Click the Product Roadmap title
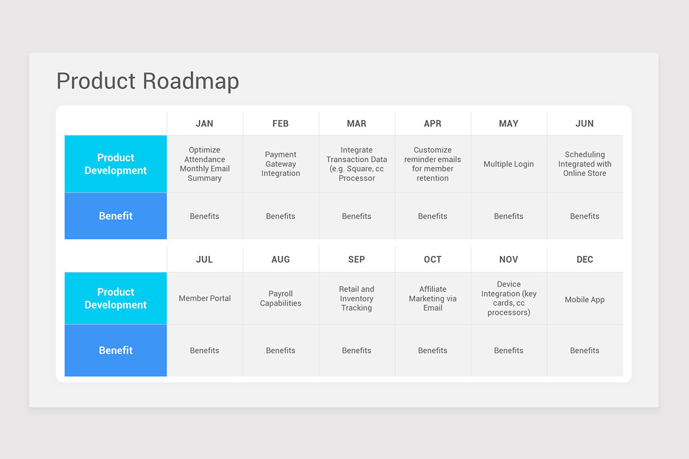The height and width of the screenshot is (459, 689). click(x=148, y=81)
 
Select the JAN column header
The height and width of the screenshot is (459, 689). click(x=204, y=123)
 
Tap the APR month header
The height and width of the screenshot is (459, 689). click(x=432, y=123)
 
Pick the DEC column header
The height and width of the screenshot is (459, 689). click(x=585, y=259)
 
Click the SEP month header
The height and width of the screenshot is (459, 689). click(x=357, y=259)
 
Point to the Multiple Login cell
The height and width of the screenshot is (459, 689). click(x=509, y=164)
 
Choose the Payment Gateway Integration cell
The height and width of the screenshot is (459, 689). click(x=281, y=164)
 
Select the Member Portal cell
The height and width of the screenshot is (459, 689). click(x=204, y=298)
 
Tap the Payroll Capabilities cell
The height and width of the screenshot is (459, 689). click(x=281, y=298)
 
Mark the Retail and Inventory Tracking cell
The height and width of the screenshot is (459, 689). click(x=357, y=298)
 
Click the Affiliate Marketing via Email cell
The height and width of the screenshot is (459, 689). click(x=432, y=298)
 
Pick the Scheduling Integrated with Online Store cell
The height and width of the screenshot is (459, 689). click(x=585, y=164)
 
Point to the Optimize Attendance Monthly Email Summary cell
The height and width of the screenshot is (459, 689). click(x=204, y=164)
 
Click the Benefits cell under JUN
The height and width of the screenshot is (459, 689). click(x=585, y=216)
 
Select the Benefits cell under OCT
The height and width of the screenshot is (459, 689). click(x=432, y=351)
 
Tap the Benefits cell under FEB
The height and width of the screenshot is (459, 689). click(x=281, y=216)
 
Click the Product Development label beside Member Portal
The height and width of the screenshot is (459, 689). click(x=115, y=298)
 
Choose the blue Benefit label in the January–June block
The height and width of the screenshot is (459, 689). click(x=115, y=216)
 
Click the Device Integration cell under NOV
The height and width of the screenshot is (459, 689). click(x=509, y=298)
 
